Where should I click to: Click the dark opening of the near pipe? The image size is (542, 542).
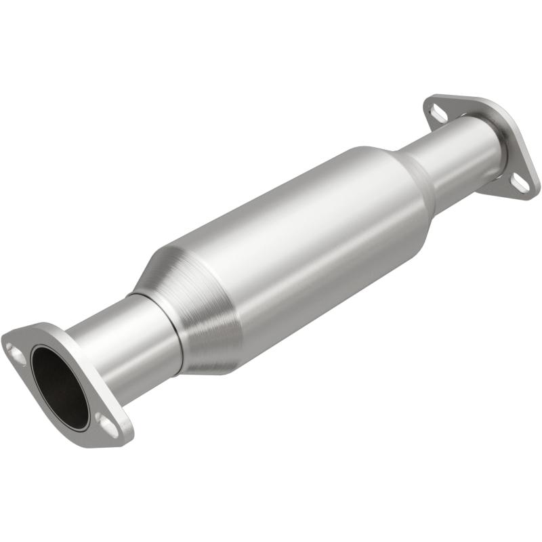tap(60, 387)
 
